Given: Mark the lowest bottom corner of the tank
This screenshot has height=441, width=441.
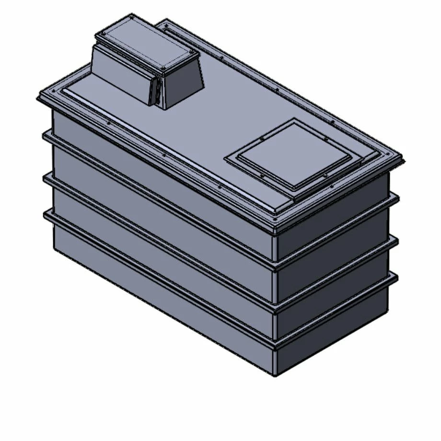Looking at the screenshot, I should [x=275, y=375].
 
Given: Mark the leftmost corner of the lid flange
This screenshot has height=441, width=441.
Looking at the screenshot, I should [x=38, y=99].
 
